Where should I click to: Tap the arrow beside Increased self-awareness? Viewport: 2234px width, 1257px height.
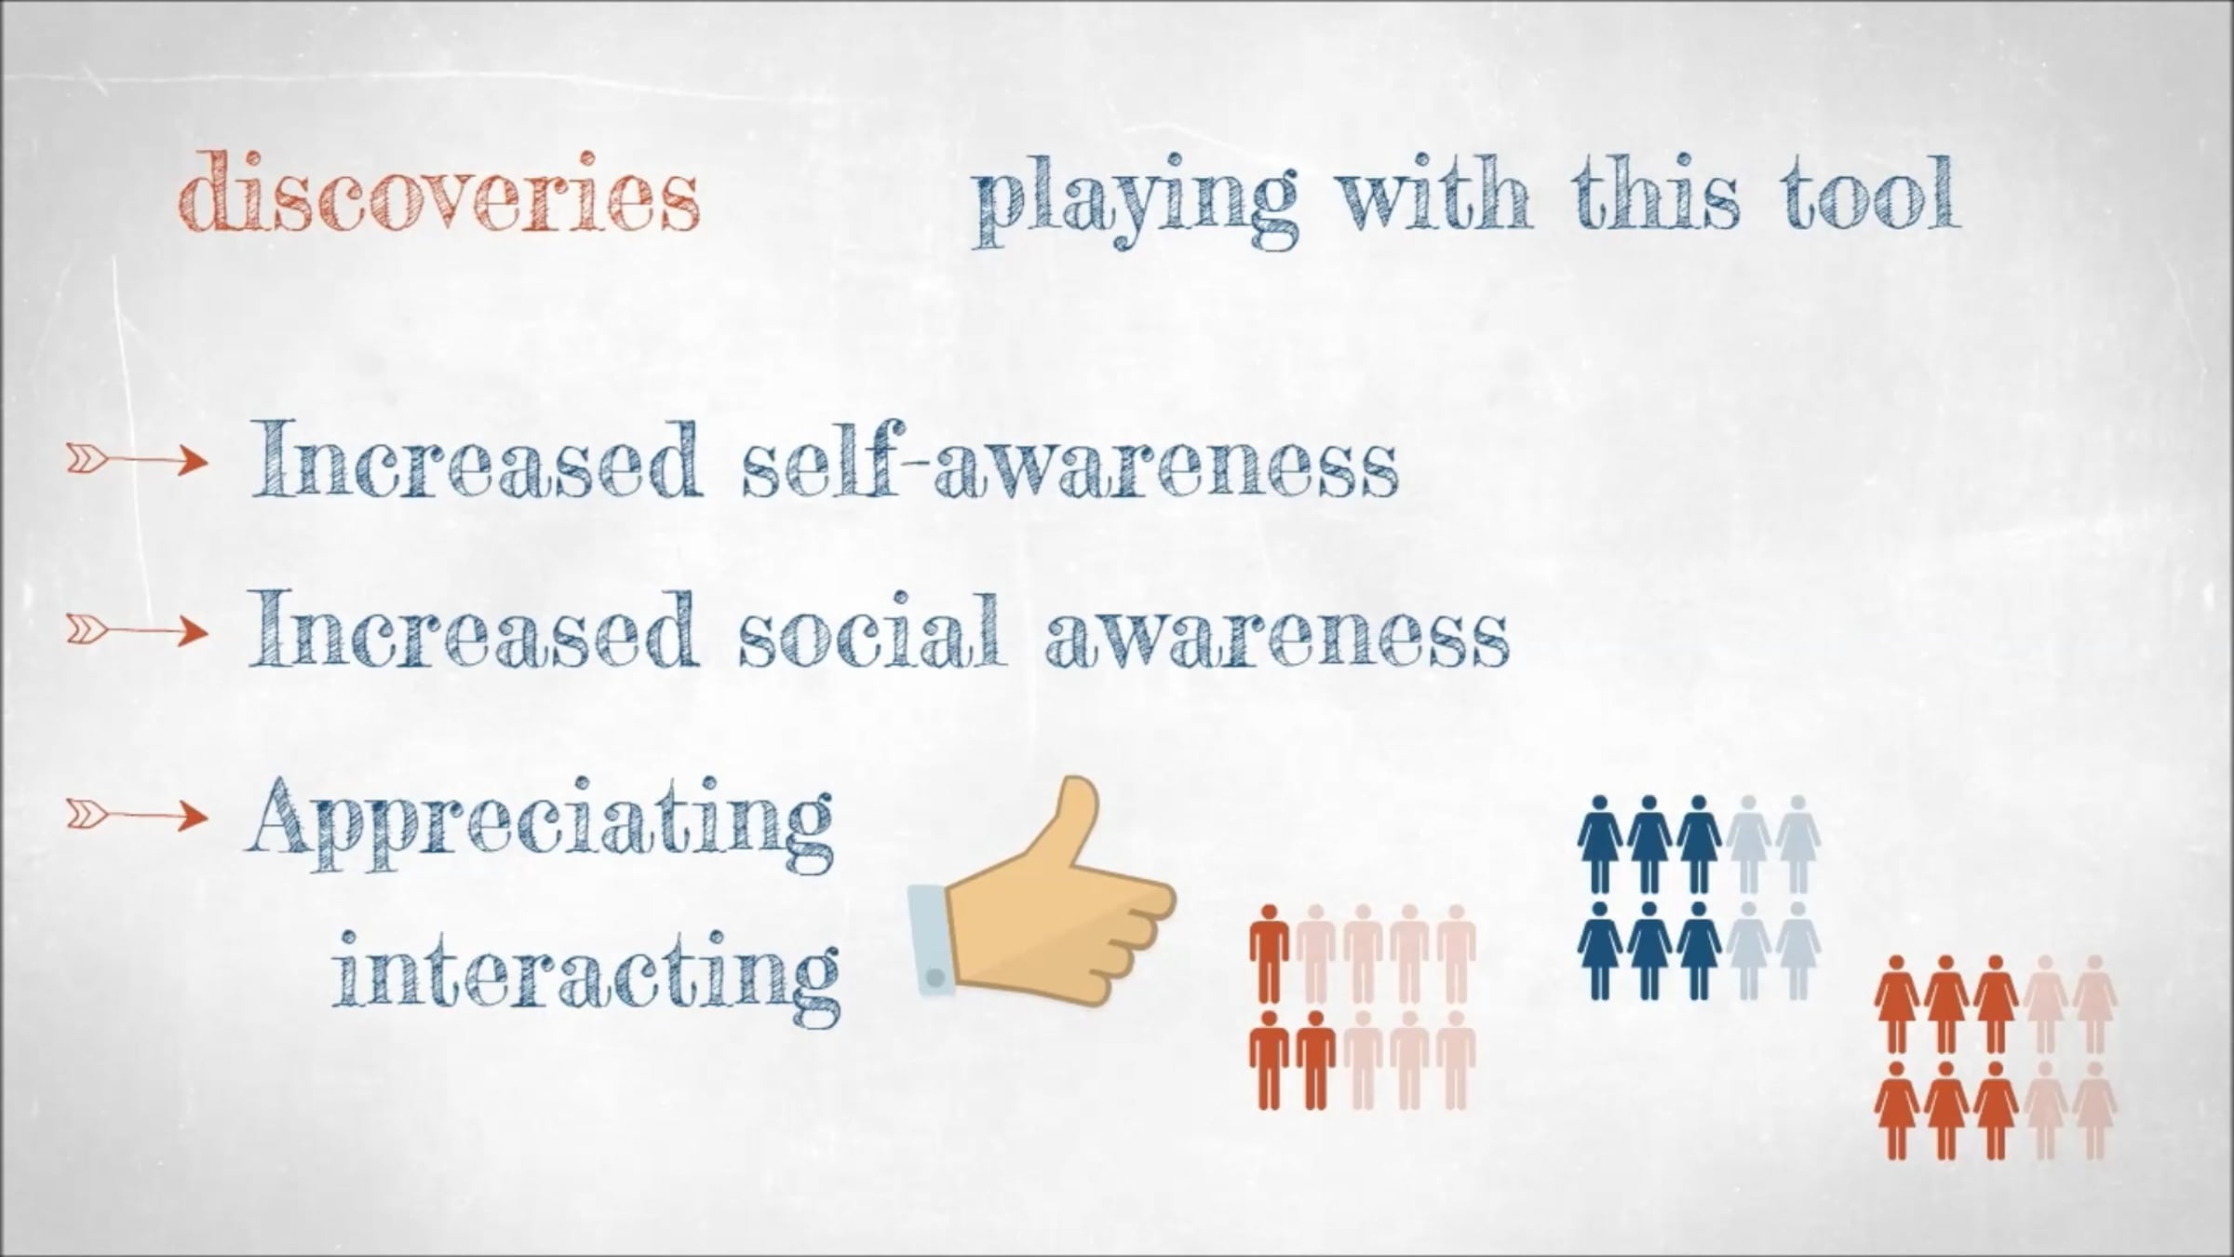(x=137, y=458)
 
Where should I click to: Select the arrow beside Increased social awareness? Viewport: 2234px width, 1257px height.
(x=137, y=631)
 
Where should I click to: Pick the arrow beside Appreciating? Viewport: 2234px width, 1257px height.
(x=137, y=816)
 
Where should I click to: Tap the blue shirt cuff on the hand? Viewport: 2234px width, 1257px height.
(x=928, y=940)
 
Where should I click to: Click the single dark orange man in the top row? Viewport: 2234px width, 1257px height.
(x=1269, y=953)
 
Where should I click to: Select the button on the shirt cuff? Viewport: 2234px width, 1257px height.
(x=935, y=976)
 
